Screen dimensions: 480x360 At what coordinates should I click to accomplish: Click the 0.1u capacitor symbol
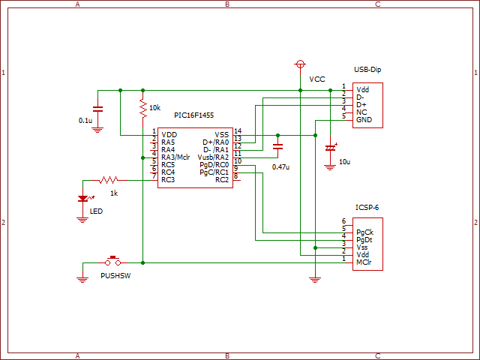click(x=97, y=109)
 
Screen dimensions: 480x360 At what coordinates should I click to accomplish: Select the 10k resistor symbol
click(x=143, y=108)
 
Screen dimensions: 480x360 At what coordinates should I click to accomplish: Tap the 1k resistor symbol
click(x=108, y=180)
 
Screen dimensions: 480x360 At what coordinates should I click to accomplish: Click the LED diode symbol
click(x=83, y=198)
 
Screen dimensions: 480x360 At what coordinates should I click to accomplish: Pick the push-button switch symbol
click(x=113, y=262)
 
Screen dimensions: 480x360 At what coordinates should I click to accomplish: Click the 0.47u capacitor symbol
click(x=277, y=147)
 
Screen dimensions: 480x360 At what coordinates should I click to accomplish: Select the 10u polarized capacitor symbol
click(x=331, y=148)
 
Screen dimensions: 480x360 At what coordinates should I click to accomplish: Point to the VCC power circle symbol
click(x=300, y=64)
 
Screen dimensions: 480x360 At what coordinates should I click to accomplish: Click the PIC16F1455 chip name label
click(x=193, y=115)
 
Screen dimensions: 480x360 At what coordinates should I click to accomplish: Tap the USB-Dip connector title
click(x=367, y=70)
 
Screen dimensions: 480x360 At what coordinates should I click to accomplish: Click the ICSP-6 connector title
click(x=367, y=208)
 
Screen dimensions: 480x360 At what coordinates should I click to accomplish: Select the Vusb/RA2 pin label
click(x=213, y=157)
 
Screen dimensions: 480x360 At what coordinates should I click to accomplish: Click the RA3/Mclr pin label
click(x=175, y=157)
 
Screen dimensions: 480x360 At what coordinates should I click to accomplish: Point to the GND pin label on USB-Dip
click(x=364, y=120)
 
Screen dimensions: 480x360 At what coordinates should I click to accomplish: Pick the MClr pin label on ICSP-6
click(x=364, y=262)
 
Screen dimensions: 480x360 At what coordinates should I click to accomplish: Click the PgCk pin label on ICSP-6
click(x=365, y=232)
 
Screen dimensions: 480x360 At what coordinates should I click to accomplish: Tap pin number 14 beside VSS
click(x=238, y=131)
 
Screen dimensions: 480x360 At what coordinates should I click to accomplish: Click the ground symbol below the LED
click(x=82, y=220)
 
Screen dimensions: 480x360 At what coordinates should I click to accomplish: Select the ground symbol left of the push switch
click(x=82, y=280)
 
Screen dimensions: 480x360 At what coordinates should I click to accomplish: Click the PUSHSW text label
click(x=115, y=276)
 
